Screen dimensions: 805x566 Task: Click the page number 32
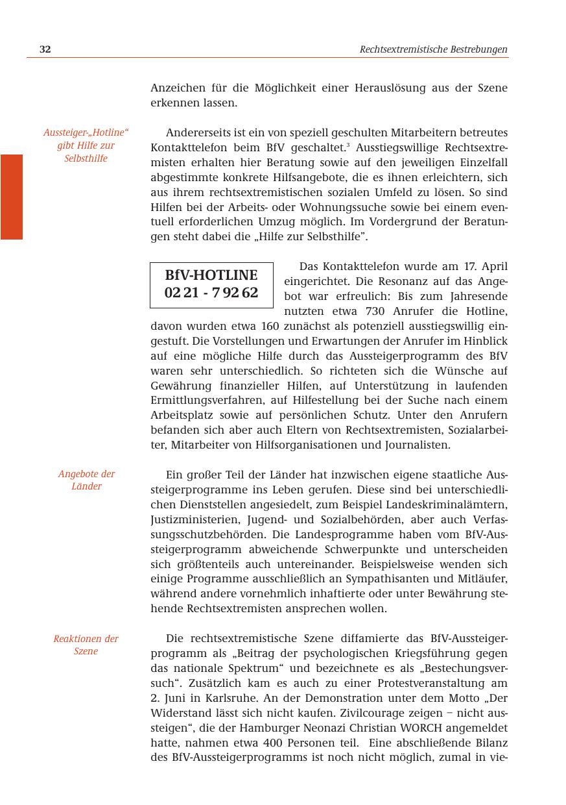click(45, 49)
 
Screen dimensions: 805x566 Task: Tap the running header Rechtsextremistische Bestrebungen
click(433, 49)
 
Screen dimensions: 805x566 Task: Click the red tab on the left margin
click(12, 197)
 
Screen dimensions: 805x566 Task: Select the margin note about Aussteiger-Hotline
click(86, 145)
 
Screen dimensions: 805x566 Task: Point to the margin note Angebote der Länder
click(86, 480)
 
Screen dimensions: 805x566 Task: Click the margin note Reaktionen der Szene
click(86, 645)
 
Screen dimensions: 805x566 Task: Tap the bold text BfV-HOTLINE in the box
click(211, 275)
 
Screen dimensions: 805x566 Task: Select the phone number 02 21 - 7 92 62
click(211, 293)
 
